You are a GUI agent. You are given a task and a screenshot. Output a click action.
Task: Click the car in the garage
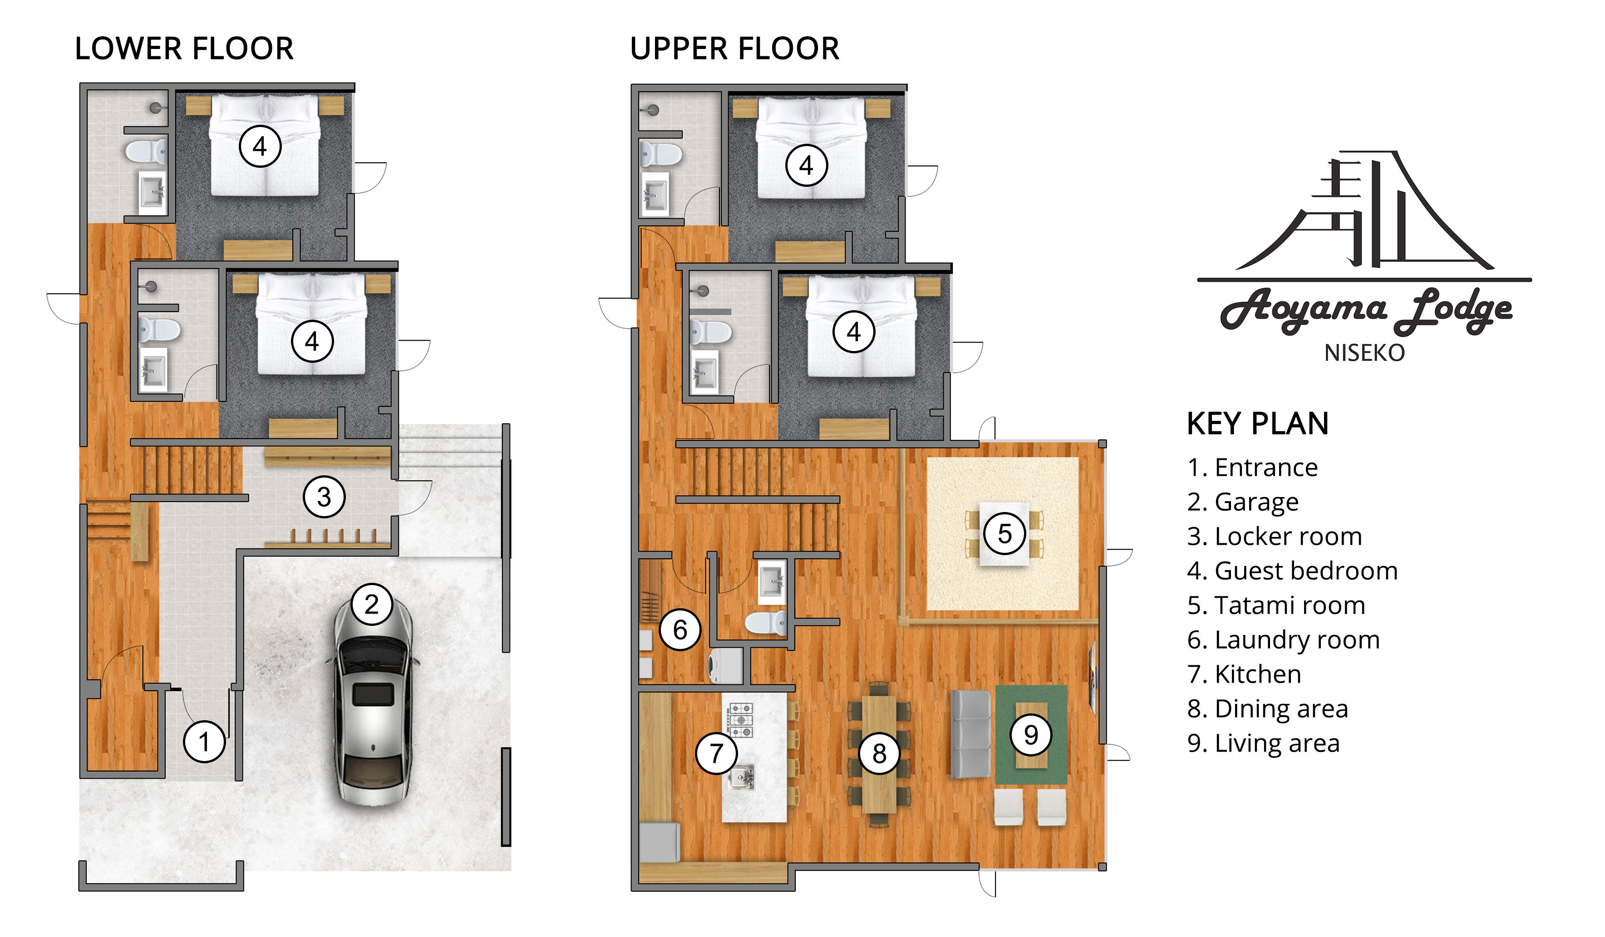pos(373,700)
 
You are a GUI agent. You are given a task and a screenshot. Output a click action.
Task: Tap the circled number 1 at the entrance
pos(204,742)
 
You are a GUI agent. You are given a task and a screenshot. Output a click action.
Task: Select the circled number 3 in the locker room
pos(324,497)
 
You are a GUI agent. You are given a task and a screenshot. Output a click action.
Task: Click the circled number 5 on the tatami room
pos(1004,533)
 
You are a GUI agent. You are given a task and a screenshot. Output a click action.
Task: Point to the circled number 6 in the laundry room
pos(679,630)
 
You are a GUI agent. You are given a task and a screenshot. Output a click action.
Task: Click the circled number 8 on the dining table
pos(879,754)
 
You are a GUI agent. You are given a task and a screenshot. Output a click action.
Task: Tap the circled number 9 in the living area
pos(1030,735)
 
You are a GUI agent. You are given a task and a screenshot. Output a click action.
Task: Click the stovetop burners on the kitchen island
pos(741,720)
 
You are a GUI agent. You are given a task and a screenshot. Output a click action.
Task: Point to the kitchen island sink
pos(741,776)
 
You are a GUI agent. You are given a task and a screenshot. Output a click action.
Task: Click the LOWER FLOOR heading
pos(184,49)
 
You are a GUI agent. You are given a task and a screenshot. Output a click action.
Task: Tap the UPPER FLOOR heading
pos(734,49)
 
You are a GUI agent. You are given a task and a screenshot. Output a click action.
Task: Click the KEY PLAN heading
pos(1257,423)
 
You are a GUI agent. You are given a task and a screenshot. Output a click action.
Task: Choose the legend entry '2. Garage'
pos(1242,502)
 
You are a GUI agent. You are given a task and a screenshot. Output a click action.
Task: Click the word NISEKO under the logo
pos(1364,353)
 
